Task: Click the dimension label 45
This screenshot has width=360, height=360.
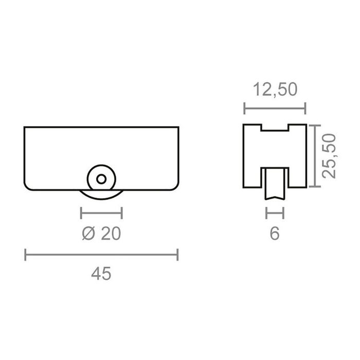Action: pyautogui.click(x=101, y=274)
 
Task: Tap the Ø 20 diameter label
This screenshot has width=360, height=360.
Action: pyautogui.click(x=101, y=233)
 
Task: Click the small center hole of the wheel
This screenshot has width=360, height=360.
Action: pyautogui.click(x=101, y=178)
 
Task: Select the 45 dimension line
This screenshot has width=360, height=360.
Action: pyautogui.click(x=101, y=254)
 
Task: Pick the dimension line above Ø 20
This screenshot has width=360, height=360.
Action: pyautogui.click(x=101, y=212)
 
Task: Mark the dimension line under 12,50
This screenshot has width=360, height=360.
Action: pyautogui.click(x=275, y=108)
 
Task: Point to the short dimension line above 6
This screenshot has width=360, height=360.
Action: pyautogui.click(x=275, y=212)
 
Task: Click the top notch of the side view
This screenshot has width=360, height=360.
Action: pyautogui.click(x=275, y=128)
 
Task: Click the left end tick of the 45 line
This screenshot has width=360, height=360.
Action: pyautogui.click(x=26, y=254)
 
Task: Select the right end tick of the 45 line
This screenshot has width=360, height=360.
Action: pyautogui.click(x=177, y=254)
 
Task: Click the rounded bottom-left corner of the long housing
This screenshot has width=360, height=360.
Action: pyautogui.click(x=29, y=186)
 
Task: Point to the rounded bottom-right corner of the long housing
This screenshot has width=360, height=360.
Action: pyautogui.click(x=175, y=186)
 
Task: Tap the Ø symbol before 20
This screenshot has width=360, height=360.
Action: pyautogui.click(x=88, y=233)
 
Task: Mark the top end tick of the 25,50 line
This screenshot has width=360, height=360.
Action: pyautogui.click(x=315, y=125)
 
